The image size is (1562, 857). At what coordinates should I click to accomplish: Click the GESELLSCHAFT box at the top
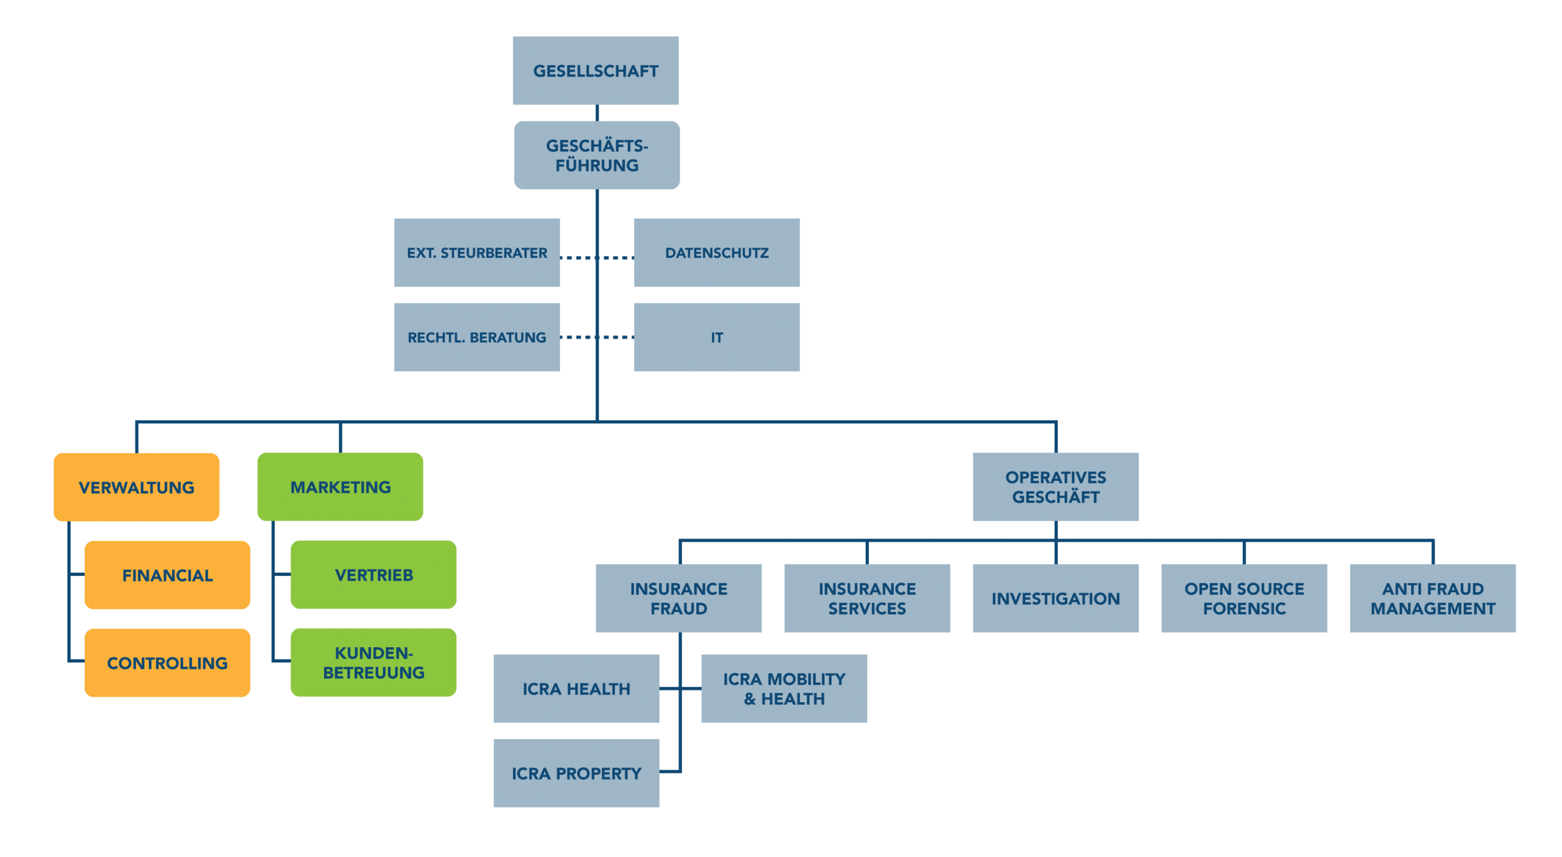596,70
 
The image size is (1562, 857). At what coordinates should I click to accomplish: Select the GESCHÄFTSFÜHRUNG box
597,155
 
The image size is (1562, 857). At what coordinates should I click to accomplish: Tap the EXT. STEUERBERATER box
477,253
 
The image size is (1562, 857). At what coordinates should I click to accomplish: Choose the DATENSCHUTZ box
717,253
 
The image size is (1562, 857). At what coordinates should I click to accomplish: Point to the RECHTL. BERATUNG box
477,337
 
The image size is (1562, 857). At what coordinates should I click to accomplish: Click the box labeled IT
717,337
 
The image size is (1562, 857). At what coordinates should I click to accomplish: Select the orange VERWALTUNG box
136,487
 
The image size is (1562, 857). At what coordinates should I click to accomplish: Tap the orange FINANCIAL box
167,575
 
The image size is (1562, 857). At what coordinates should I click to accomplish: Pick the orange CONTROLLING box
167,662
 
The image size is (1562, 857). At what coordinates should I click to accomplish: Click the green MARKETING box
340,487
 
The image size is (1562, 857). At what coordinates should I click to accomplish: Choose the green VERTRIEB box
373,575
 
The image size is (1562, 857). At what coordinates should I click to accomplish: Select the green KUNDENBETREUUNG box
373,662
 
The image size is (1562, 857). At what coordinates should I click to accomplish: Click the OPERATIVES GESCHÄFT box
1056,487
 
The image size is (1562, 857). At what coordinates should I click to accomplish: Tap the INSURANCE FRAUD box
678,598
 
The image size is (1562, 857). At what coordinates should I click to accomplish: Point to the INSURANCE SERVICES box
867,598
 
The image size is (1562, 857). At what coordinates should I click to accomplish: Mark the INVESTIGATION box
1056,598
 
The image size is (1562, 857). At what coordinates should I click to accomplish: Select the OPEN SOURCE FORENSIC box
1244,598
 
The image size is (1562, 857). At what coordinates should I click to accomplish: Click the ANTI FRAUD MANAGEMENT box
1433,598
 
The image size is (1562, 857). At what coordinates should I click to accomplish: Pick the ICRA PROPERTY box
576,773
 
